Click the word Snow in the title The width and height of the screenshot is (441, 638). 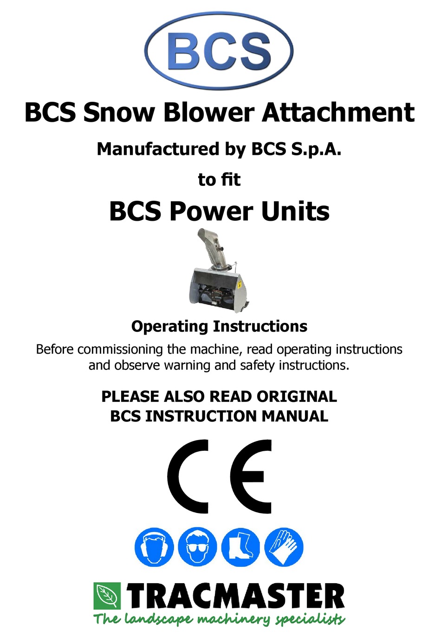pyautogui.click(x=118, y=113)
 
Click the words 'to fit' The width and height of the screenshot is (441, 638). pyautogui.click(x=219, y=179)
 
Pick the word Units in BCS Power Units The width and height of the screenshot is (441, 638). pyautogui.click(x=295, y=211)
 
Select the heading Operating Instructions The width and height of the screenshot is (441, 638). pyautogui.click(x=219, y=326)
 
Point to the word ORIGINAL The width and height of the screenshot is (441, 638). pyautogui.click(x=297, y=396)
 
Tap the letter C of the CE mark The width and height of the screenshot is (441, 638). pyautogui.click(x=188, y=477)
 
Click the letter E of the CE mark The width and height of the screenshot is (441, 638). pyautogui.click(x=251, y=477)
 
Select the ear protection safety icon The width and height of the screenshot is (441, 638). pyautogui.click(x=154, y=547)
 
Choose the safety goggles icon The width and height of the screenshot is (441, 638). pyautogui.click(x=197, y=547)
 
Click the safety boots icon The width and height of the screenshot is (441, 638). pyautogui.click(x=240, y=547)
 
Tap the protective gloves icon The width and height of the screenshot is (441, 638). pyautogui.click(x=284, y=547)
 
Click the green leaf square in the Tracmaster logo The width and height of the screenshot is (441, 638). pyautogui.click(x=107, y=595)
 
